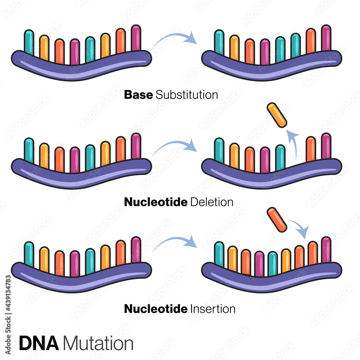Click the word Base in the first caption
click(x=139, y=95)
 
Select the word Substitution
click(x=187, y=95)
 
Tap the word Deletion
click(x=212, y=202)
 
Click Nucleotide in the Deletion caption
click(x=156, y=202)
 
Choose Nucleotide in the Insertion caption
click(x=156, y=309)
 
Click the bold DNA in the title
click(x=39, y=343)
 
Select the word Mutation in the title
click(x=98, y=343)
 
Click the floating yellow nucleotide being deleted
click(x=277, y=115)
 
